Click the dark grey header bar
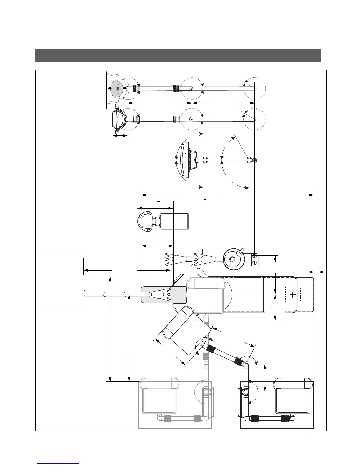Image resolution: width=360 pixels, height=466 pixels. tap(178, 55)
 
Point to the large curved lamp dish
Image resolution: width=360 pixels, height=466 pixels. tap(184, 160)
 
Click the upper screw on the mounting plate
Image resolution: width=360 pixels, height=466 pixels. tap(254, 256)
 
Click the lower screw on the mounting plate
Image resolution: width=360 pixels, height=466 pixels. tap(254, 262)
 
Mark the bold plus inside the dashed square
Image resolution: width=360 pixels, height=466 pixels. tap(293, 294)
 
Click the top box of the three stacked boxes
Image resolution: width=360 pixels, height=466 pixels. tap(60, 264)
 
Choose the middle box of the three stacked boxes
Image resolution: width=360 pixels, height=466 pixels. tap(60, 294)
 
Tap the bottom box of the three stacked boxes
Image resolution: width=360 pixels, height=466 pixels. tap(60, 326)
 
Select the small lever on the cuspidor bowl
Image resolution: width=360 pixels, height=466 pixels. tap(241, 251)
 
